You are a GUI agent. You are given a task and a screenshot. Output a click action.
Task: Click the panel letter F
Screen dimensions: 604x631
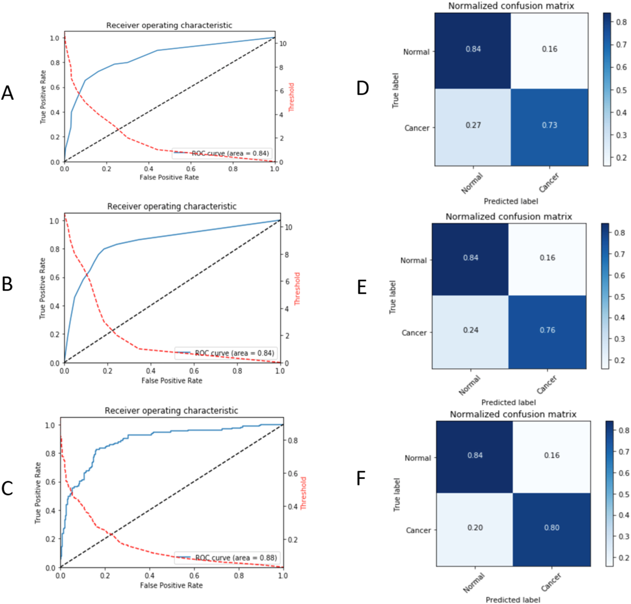[361, 478]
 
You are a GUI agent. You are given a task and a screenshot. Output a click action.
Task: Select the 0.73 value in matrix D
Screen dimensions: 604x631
[549, 125]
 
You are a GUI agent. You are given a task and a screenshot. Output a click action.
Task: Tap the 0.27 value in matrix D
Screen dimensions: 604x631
[473, 125]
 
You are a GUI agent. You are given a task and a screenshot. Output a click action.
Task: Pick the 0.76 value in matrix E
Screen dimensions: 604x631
[547, 330]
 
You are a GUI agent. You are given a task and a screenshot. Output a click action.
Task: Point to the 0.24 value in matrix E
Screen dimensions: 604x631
[470, 330]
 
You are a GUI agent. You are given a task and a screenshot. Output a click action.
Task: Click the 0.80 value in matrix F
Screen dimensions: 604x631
[552, 528]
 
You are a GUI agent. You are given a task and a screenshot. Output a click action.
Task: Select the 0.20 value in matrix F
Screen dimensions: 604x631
[475, 528]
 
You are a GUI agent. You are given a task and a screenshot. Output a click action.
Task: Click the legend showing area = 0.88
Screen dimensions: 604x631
[226, 558]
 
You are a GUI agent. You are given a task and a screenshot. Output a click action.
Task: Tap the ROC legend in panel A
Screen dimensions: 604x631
[221, 153]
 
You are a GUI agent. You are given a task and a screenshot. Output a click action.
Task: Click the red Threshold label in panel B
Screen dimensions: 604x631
[297, 289]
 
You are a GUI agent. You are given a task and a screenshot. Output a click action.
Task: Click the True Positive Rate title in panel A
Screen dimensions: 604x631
[43, 97]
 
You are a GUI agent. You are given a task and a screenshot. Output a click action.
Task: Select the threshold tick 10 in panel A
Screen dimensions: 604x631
[283, 44]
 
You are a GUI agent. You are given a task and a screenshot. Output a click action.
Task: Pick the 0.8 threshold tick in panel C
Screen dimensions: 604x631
[292, 440]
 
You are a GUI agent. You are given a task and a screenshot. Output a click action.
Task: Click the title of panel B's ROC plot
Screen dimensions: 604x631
[172, 206]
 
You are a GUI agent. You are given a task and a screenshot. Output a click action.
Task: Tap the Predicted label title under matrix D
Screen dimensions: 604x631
[511, 202]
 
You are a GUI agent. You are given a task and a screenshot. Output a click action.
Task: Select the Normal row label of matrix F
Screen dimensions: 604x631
[418, 458]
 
